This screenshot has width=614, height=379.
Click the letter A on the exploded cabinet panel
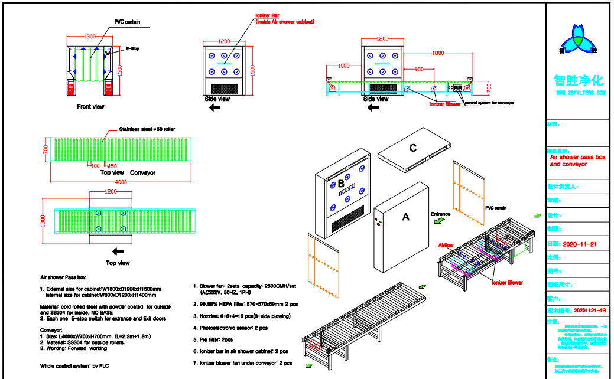coord(406,217)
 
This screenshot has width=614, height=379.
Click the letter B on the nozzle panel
coord(341,184)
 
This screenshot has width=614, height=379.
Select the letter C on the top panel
coord(413,148)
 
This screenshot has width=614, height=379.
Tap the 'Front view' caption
coord(91,107)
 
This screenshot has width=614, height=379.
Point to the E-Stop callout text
coord(132,49)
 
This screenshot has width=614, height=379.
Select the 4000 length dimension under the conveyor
coord(121,182)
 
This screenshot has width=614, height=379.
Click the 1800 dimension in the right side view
coord(437,53)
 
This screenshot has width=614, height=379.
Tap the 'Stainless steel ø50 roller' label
coord(147,129)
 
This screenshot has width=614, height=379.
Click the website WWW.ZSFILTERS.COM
coord(581,93)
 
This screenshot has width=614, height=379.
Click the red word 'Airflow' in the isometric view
coord(446,245)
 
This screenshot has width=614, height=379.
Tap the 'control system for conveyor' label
coord(490,103)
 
